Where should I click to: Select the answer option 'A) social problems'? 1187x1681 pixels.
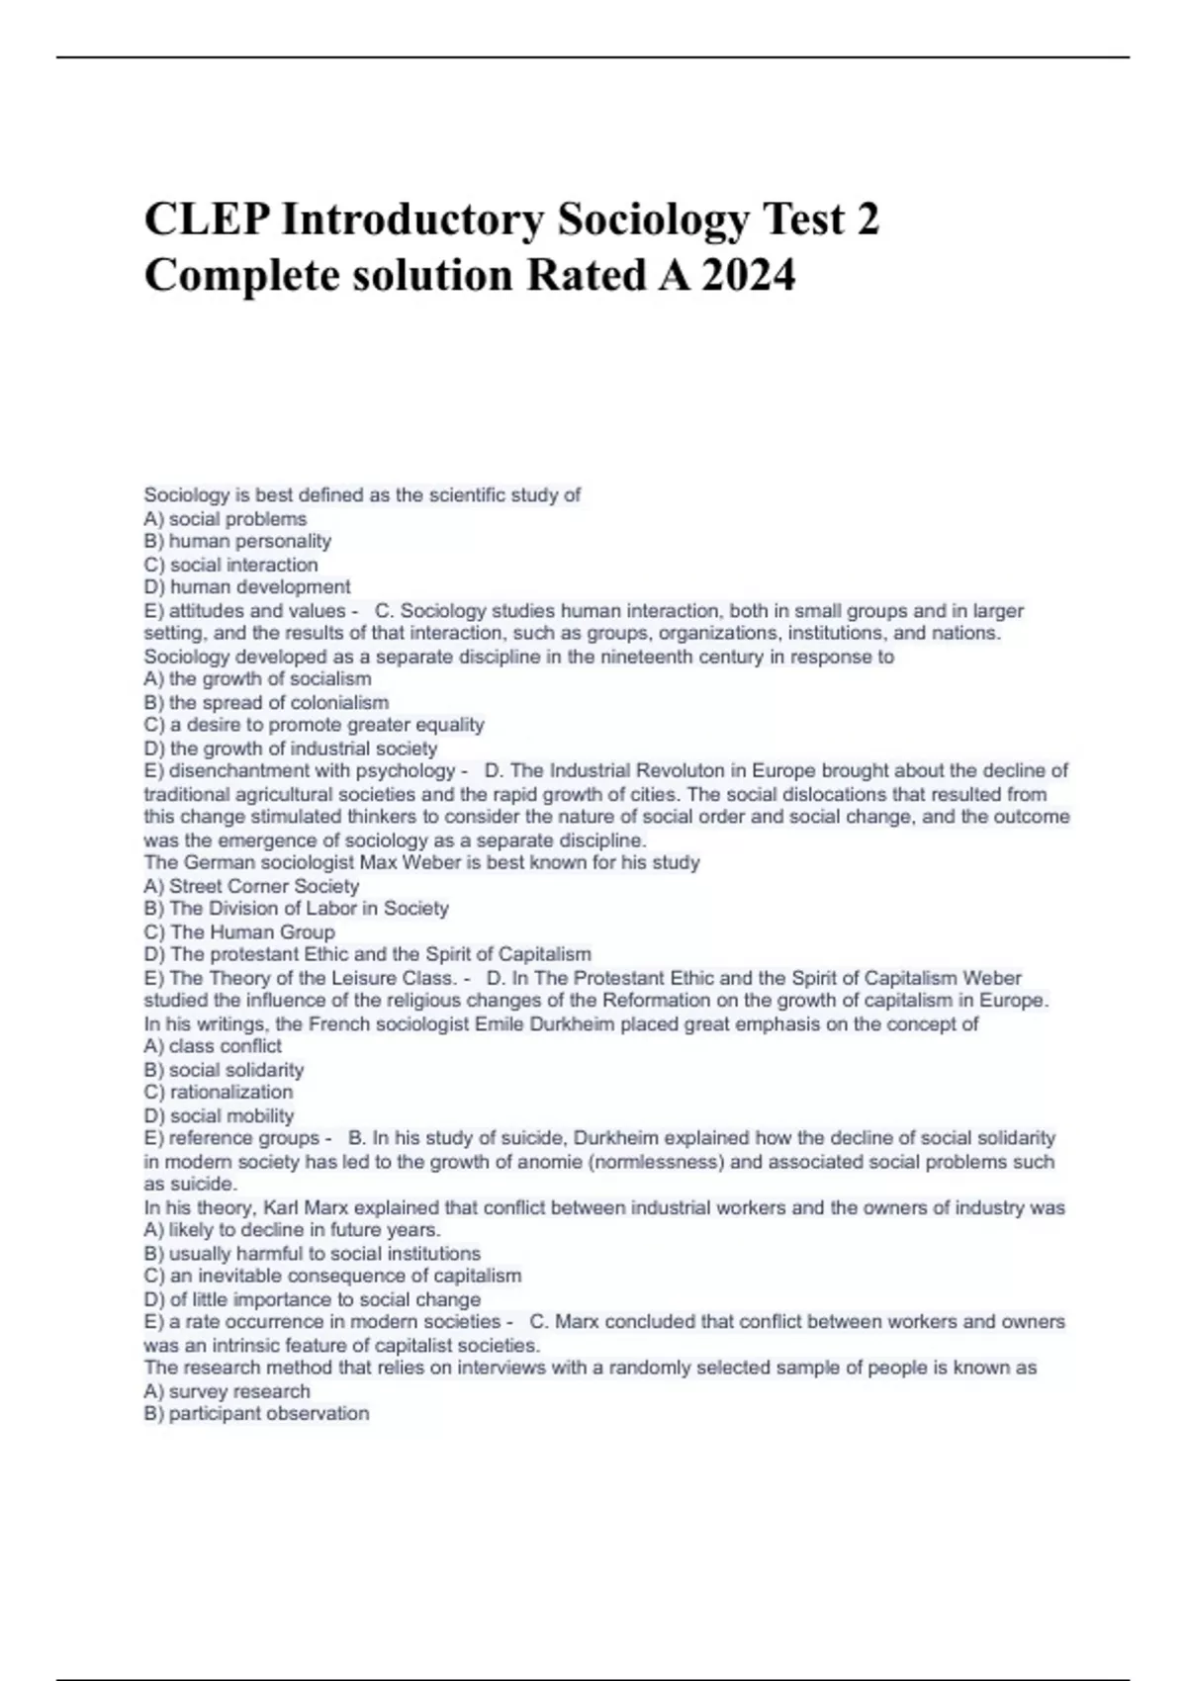tap(226, 519)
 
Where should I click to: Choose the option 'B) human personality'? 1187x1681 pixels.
tap(237, 542)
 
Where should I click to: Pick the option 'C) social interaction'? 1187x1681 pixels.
tap(231, 565)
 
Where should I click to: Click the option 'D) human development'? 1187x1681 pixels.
tap(247, 587)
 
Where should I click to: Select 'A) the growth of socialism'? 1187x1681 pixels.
tap(257, 679)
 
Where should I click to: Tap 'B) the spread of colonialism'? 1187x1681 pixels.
tap(266, 703)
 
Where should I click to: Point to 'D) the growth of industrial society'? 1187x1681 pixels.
tap(291, 749)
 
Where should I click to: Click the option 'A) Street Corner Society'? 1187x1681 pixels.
tap(251, 886)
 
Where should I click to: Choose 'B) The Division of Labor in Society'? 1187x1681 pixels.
tap(296, 909)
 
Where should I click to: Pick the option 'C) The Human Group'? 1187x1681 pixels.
tap(239, 931)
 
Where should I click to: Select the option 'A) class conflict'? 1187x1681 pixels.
tap(213, 1046)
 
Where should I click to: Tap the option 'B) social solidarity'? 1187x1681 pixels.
tap(224, 1070)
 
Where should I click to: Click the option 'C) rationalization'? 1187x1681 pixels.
tap(219, 1093)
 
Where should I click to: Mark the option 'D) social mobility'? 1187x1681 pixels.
tap(219, 1115)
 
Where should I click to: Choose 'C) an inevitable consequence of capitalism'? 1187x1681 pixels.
tap(332, 1276)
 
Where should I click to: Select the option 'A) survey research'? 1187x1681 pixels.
tap(227, 1391)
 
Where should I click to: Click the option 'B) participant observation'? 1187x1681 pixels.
tap(256, 1414)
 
